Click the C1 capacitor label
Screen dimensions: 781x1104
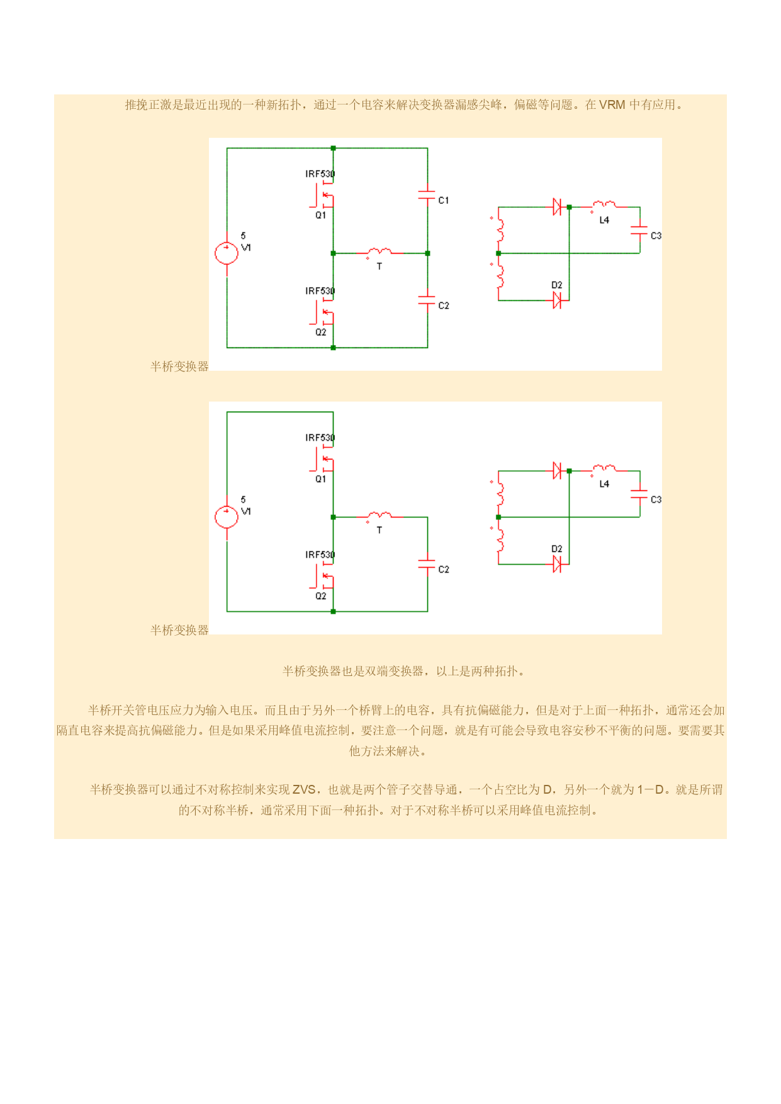[x=444, y=200]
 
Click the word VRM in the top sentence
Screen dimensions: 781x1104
[x=612, y=105]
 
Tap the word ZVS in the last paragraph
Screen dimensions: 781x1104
[x=304, y=789]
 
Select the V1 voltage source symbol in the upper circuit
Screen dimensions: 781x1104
[x=227, y=253]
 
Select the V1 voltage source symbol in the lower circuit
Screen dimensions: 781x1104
[x=227, y=517]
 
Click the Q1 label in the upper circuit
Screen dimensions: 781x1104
[x=321, y=215]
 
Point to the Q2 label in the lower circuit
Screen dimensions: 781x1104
[x=321, y=596]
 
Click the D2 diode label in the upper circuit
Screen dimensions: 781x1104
[x=557, y=285]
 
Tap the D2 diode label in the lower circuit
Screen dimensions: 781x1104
[x=557, y=549]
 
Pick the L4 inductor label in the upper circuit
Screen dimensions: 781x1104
[x=604, y=220]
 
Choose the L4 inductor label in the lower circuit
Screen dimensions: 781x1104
[x=604, y=484]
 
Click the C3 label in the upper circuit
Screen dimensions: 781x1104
[x=656, y=235]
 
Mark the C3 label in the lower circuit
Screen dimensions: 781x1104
[x=656, y=499]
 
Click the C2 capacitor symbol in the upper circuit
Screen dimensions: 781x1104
[x=427, y=301]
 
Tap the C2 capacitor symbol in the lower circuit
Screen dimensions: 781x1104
[x=427, y=565]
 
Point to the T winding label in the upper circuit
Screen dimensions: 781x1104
[x=379, y=267]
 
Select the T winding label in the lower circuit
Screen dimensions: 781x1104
[x=379, y=531]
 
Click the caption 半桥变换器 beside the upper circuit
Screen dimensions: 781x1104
[x=179, y=366]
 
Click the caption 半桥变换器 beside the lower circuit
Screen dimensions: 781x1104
[x=179, y=630]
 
